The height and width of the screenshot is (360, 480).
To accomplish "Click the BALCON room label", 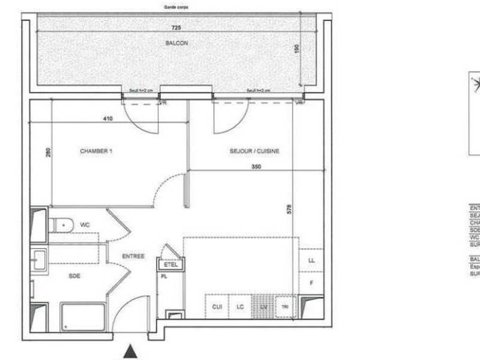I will pyautogui.click(x=177, y=43).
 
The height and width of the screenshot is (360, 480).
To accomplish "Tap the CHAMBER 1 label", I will pyautogui.click(x=96, y=151).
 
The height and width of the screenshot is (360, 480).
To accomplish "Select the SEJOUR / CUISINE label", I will pyautogui.click(x=254, y=151).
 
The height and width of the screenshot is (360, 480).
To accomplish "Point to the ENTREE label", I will pyautogui.click(x=133, y=256).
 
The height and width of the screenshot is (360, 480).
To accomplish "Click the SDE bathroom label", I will pyautogui.click(x=74, y=276).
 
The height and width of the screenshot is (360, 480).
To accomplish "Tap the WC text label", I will pyautogui.click(x=85, y=224).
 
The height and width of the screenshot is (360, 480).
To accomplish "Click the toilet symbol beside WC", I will pyautogui.click(x=62, y=225).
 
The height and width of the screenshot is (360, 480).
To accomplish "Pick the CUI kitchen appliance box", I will pyautogui.click(x=217, y=307).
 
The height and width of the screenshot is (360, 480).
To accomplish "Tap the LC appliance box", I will pyautogui.click(x=240, y=307).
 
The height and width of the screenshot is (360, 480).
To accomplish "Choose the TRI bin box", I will pyautogui.click(x=286, y=307).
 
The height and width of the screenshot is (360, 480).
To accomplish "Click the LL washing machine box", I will pyautogui.click(x=311, y=260).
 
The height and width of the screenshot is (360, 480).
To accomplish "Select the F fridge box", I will pyautogui.click(x=311, y=282).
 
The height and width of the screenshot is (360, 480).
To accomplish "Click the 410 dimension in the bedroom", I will pyautogui.click(x=107, y=119).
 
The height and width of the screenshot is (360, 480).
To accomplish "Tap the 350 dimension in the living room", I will pyautogui.click(x=256, y=166).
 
